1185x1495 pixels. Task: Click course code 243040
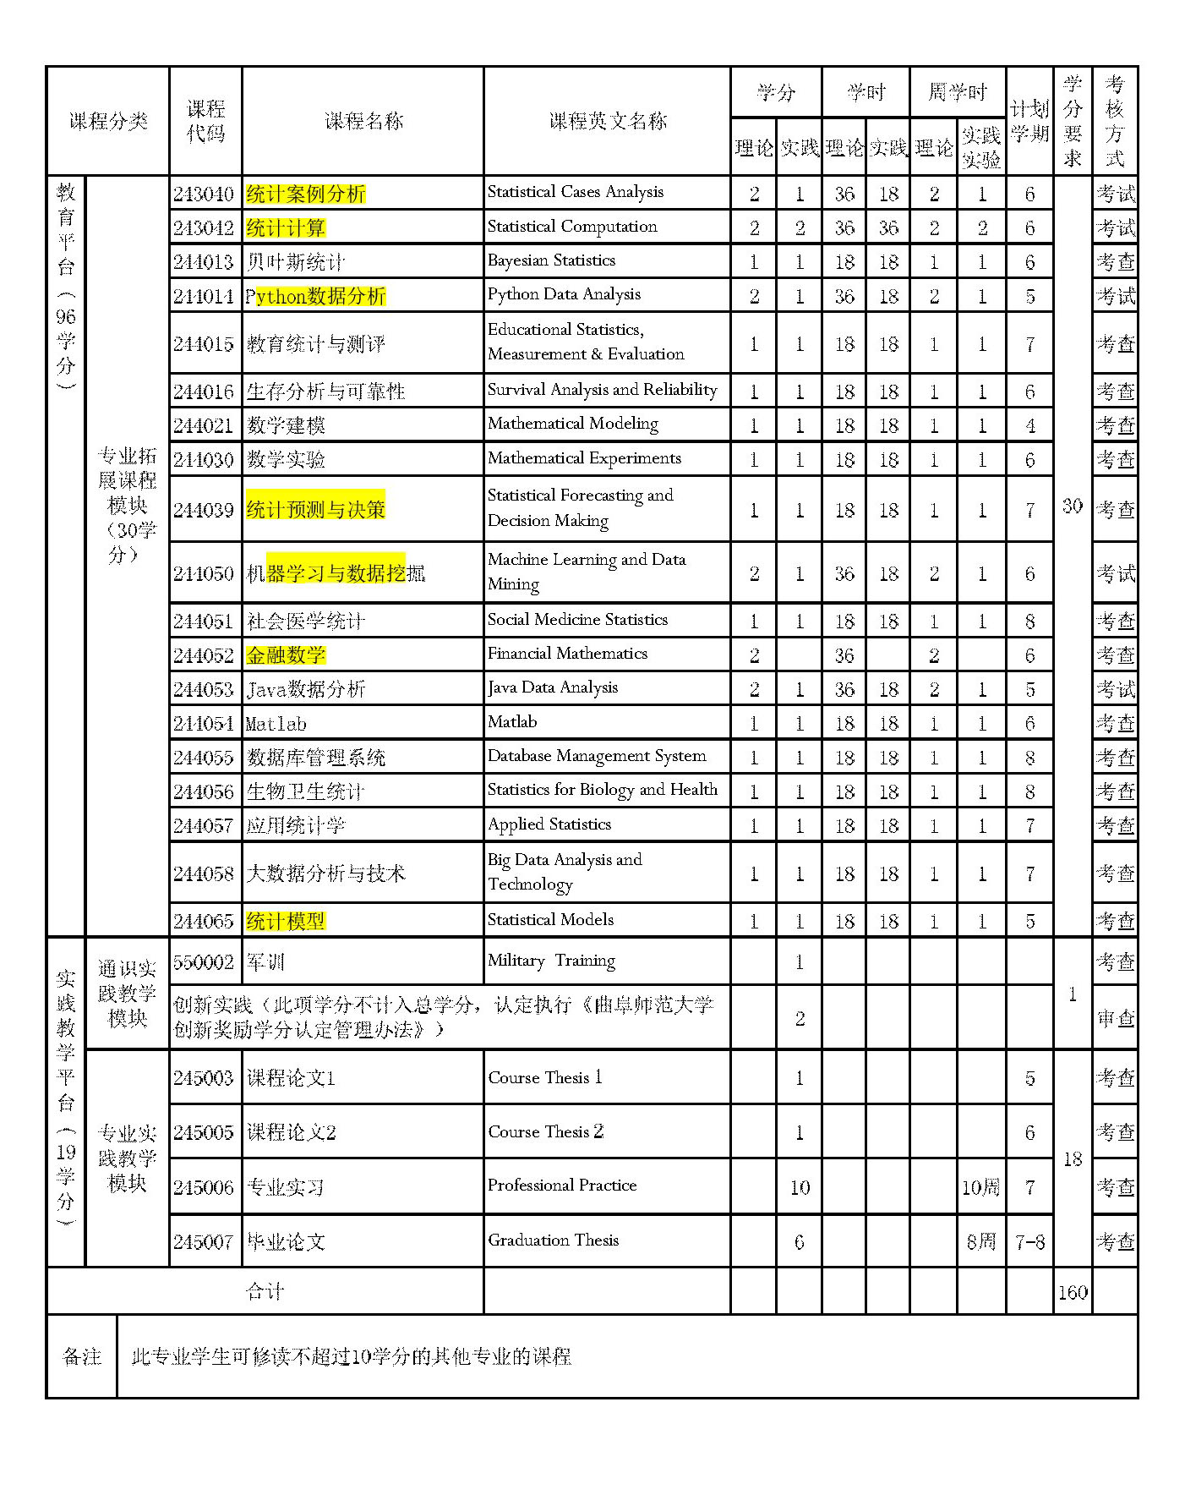click(x=204, y=194)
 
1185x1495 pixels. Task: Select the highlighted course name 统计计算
click(x=286, y=227)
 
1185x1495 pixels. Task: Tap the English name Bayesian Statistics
click(x=551, y=260)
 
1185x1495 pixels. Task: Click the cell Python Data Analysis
click(x=564, y=294)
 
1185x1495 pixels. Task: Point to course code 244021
click(x=204, y=425)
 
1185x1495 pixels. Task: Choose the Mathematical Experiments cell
click(x=584, y=458)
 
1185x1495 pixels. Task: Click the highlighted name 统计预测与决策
click(x=315, y=509)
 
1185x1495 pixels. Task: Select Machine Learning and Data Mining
click(x=586, y=572)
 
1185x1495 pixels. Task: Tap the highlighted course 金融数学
click(x=286, y=655)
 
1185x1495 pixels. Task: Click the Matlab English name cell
click(x=512, y=722)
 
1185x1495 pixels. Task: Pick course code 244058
click(x=204, y=873)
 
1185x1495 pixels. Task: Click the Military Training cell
click(x=551, y=961)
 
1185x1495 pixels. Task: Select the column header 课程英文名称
click(x=608, y=121)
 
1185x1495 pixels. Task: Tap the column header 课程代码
click(x=205, y=121)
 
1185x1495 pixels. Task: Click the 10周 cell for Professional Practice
click(x=980, y=1187)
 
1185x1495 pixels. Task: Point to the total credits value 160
click(x=1072, y=1292)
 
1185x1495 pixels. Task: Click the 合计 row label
click(x=265, y=1291)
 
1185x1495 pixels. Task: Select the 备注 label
click(x=82, y=1356)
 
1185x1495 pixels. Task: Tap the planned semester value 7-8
click(x=1029, y=1242)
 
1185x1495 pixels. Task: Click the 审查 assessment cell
click(x=1115, y=1019)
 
